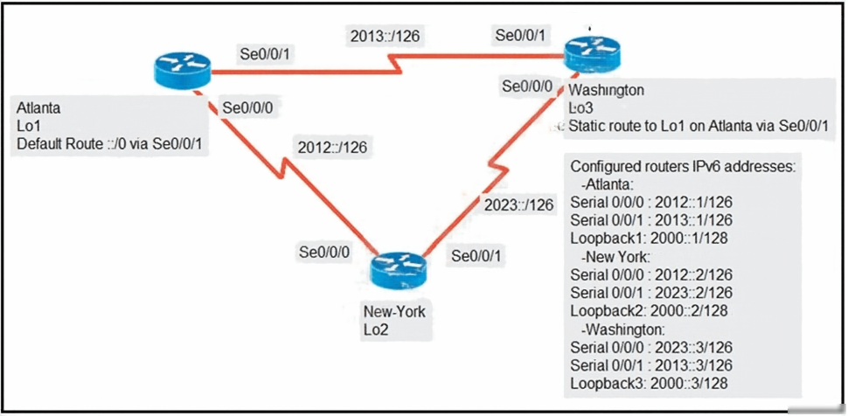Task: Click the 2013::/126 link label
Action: [x=386, y=36]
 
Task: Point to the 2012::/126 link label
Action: [x=332, y=147]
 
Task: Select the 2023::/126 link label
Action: [x=518, y=205]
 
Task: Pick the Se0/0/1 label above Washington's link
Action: [x=520, y=35]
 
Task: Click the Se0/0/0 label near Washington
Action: [x=527, y=86]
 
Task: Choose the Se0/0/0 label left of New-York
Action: [x=324, y=252]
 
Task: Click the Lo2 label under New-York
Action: [x=375, y=329]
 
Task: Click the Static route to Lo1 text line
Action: [x=699, y=126]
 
